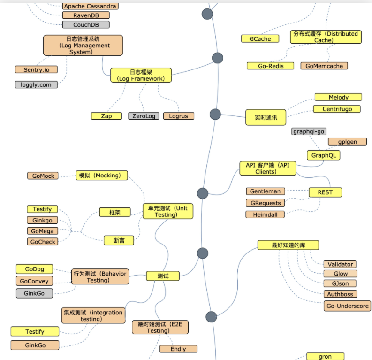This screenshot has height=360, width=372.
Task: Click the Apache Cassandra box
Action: (90, 6)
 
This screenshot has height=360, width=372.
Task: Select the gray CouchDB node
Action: (85, 24)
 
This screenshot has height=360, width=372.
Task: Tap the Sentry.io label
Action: (36, 69)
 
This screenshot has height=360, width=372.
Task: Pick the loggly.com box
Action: (36, 85)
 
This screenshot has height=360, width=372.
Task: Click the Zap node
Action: (106, 116)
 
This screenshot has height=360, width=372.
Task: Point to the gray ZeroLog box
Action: (144, 116)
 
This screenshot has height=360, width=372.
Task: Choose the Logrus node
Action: (178, 116)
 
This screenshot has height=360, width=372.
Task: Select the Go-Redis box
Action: (271, 66)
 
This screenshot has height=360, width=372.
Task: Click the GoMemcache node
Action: (324, 66)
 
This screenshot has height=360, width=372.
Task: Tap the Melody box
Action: (338, 97)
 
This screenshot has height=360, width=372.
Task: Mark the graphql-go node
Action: (309, 131)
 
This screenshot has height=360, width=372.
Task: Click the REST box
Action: (325, 192)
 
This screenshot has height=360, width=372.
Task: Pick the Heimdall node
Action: (265, 214)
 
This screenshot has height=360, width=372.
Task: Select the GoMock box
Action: (44, 176)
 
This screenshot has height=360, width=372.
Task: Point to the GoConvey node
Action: (34, 281)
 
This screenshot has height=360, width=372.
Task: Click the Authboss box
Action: (340, 294)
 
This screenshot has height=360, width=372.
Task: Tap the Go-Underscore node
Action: (347, 306)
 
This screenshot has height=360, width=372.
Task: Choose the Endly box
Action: (178, 349)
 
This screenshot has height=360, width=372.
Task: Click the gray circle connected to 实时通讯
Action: (215, 114)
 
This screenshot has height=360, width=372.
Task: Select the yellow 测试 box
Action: (163, 276)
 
